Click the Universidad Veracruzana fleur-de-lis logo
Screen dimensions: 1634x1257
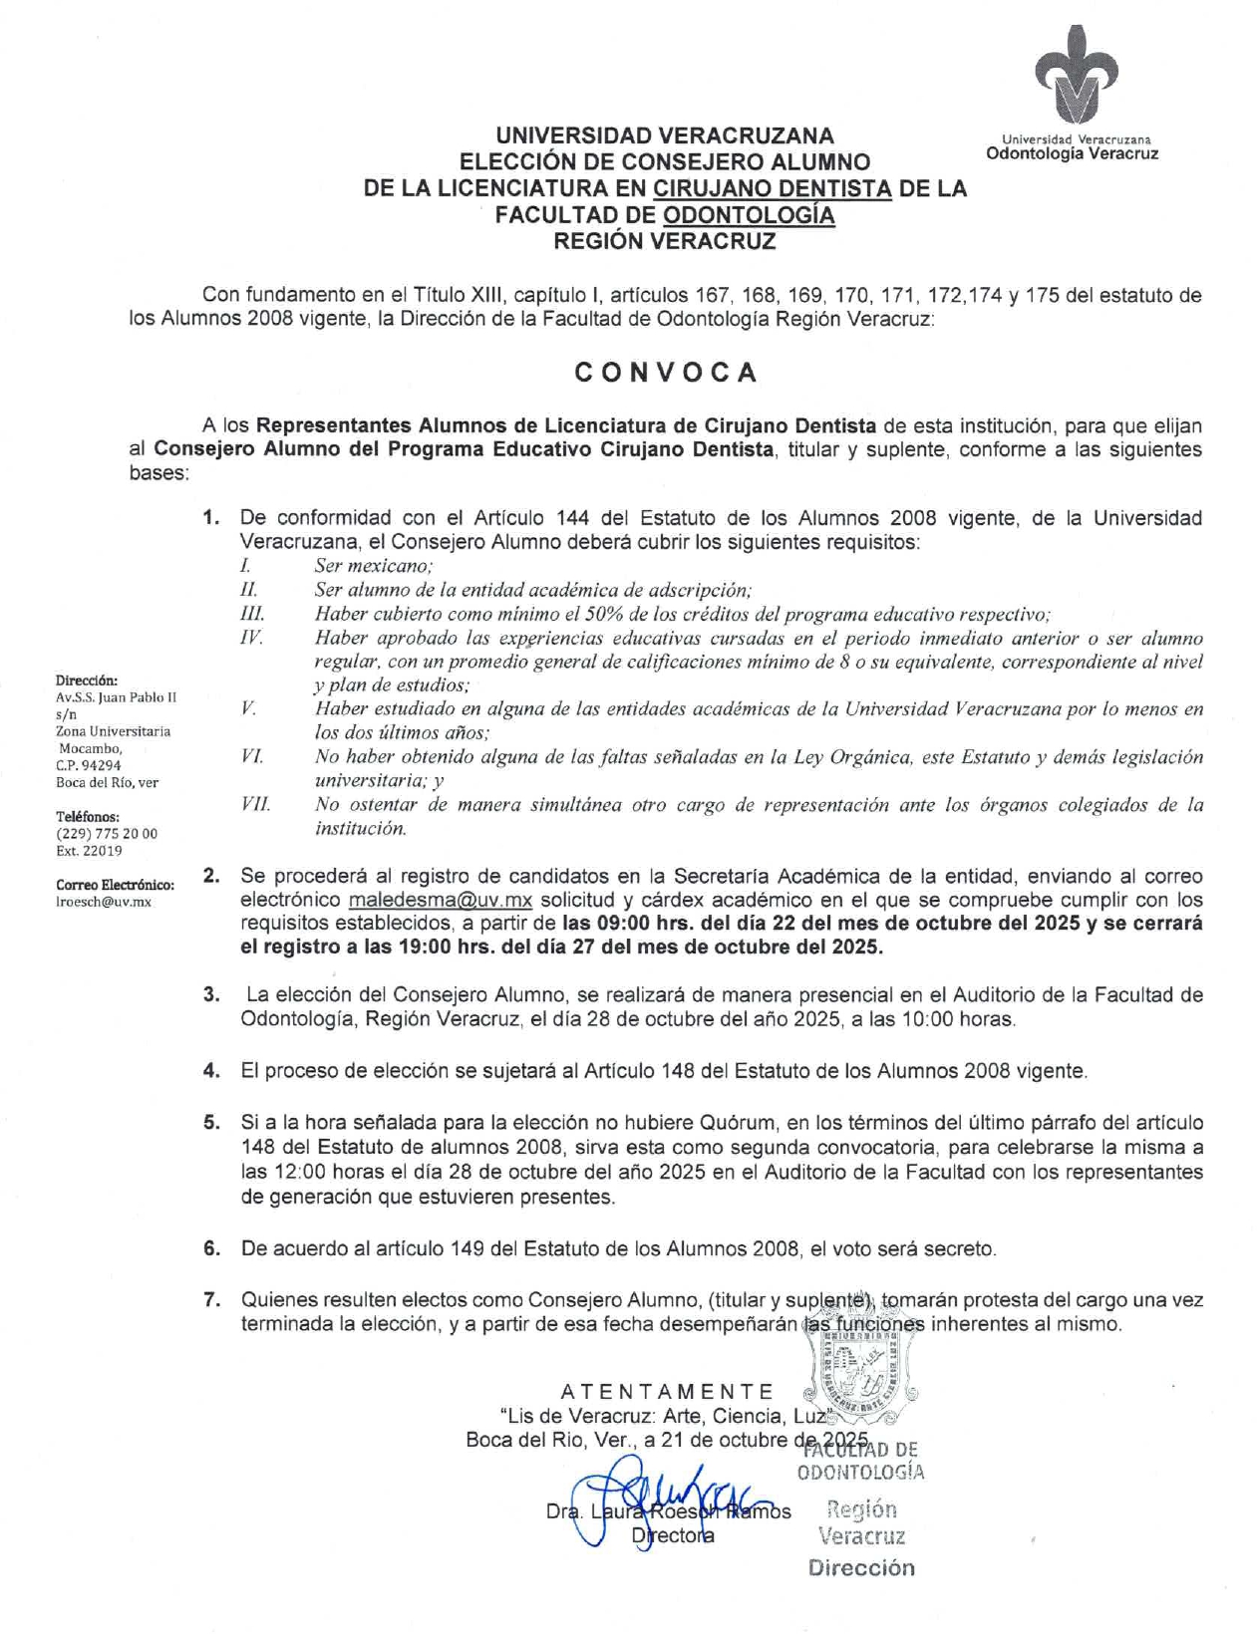tap(1076, 74)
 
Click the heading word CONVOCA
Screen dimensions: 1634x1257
tap(665, 373)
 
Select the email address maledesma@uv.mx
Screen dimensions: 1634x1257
tap(441, 901)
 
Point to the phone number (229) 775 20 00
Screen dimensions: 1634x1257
tap(107, 833)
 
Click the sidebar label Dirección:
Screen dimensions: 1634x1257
tap(87, 681)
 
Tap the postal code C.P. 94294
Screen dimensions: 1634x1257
tap(89, 765)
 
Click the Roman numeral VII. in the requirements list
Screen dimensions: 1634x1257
tap(255, 804)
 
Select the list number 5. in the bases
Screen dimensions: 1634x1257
tap(211, 1123)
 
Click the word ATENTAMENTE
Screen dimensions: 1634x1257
tap(667, 1392)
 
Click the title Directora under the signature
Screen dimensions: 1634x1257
tap(673, 1535)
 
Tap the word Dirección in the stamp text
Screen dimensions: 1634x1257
tap(861, 1567)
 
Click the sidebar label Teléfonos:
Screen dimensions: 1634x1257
tap(88, 816)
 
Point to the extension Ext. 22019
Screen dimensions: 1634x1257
tap(89, 851)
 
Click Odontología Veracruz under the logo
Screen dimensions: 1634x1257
tap(1072, 153)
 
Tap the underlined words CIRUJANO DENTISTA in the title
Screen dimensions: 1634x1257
tap(773, 188)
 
